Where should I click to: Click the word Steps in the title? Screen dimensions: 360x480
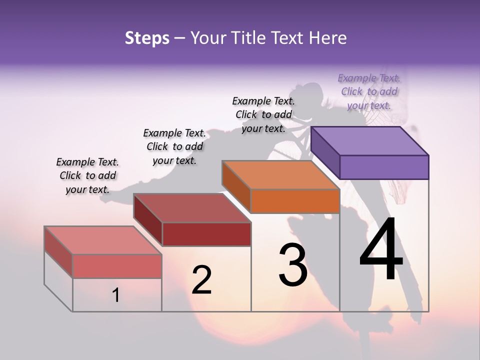coord(147,38)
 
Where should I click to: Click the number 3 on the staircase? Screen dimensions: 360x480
coord(293,265)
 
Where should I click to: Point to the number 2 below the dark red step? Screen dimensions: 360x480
coord(201,280)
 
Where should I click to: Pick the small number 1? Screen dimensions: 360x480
coord(116,295)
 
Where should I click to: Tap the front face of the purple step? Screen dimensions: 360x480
coord(384,167)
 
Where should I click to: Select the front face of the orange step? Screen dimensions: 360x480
coord(295,201)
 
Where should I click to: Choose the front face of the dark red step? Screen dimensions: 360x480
coord(206,234)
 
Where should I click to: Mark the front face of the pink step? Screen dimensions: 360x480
coord(117,266)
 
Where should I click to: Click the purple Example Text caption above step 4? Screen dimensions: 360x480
coord(369,91)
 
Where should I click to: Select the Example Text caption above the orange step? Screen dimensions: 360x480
coord(263,114)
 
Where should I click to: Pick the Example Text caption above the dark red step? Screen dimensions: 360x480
coord(174,146)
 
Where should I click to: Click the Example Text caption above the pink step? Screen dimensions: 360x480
coord(87,175)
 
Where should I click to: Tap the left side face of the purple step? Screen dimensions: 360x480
coord(325,152)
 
